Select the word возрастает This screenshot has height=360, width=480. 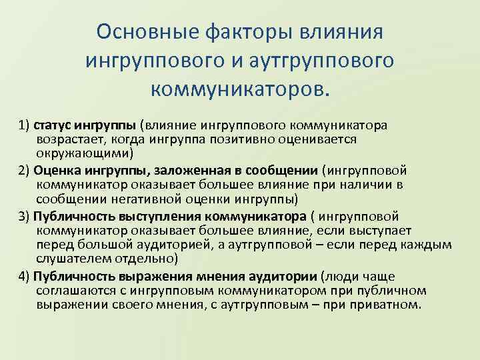[69, 139]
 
